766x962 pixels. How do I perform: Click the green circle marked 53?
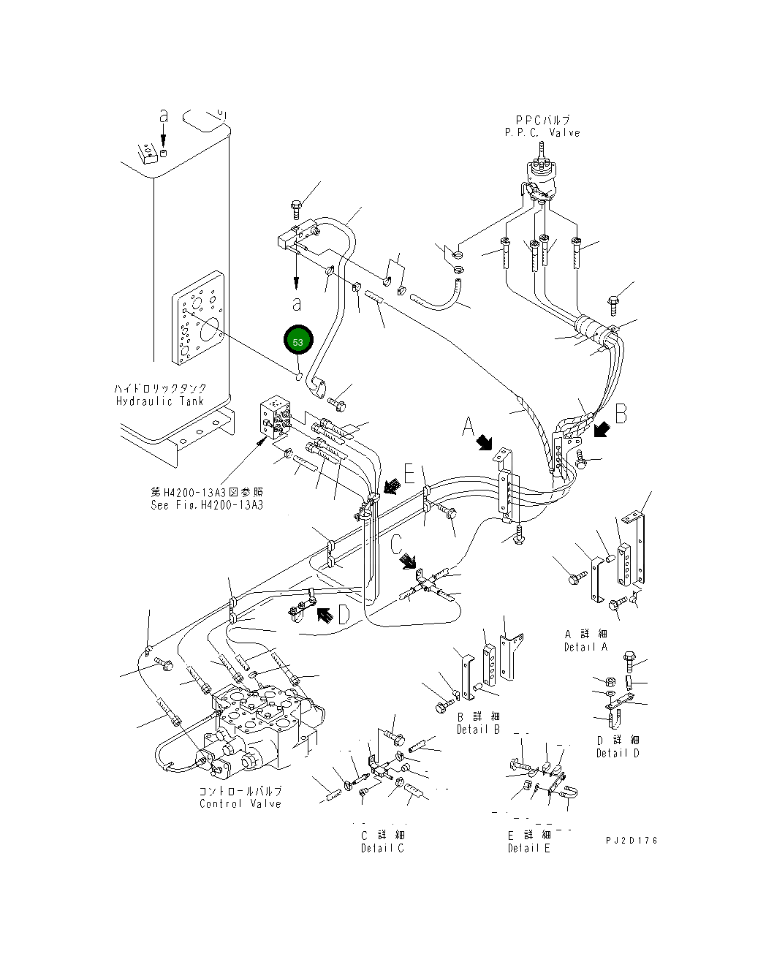coord(298,341)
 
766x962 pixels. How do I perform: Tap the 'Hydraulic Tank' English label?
coord(161,401)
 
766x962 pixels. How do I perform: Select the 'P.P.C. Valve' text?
coord(542,133)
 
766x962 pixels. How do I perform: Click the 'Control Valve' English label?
coord(240,803)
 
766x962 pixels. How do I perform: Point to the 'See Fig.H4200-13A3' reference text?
coord(206,505)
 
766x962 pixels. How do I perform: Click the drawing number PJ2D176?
coord(632,841)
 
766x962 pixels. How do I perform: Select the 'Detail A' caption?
coord(585,647)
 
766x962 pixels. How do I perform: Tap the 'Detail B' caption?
coord(478,730)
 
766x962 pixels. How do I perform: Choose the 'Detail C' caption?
coord(382,848)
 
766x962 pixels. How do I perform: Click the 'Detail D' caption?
coord(618,753)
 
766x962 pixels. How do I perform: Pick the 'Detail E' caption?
coord(529,848)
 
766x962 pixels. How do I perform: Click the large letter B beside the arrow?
coord(621,414)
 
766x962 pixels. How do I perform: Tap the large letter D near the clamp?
coord(344,616)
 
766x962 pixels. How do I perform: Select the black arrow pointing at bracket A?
coord(485,442)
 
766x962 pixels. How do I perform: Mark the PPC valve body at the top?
coord(542,179)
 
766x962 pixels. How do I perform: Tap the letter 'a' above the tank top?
coord(164,115)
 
